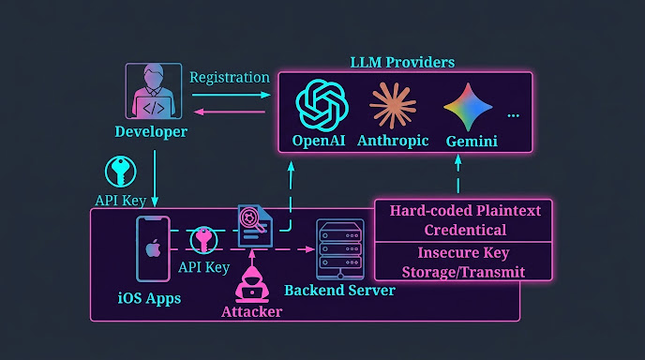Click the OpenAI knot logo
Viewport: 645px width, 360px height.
click(x=322, y=105)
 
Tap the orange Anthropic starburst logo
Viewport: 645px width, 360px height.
click(x=393, y=106)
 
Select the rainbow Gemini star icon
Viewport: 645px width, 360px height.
click(x=468, y=107)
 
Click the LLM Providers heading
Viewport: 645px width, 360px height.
click(x=402, y=63)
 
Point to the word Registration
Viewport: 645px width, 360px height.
click(x=230, y=78)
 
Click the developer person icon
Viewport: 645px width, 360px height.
click(x=154, y=91)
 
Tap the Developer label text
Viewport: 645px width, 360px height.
click(x=151, y=131)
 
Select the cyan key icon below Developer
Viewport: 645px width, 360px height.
click(x=121, y=172)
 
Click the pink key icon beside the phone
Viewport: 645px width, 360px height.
click(x=203, y=239)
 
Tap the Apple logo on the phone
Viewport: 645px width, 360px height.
click(x=153, y=248)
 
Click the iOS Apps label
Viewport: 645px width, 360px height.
click(x=149, y=298)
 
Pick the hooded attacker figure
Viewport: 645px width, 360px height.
click(x=252, y=285)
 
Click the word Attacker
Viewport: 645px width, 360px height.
click(x=252, y=312)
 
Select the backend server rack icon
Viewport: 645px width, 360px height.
click(x=340, y=249)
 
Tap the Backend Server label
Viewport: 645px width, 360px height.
click(x=339, y=291)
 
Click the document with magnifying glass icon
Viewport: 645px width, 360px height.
click(x=255, y=225)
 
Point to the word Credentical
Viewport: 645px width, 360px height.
click(x=465, y=230)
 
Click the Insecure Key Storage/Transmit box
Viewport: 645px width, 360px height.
click(x=463, y=262)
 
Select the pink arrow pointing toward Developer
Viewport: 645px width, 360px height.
click(x=229, y=112)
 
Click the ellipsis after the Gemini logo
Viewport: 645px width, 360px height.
click(x=514, y=115)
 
